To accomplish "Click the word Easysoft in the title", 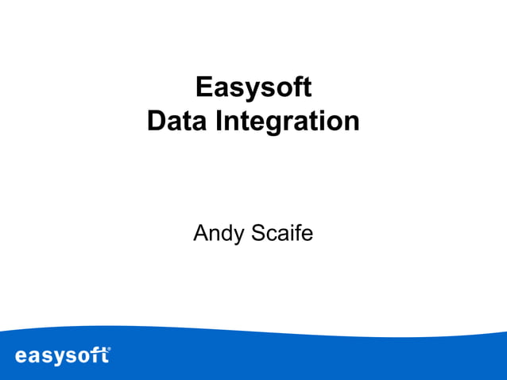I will (x=253, y=88).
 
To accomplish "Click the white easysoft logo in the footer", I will (x=62, y=355).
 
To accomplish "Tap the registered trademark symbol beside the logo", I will (x=108, y=349).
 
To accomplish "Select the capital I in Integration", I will (x=219, y=121).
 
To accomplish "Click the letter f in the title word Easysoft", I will (x=294, y=87).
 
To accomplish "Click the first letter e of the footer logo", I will (x=21, y=355).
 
